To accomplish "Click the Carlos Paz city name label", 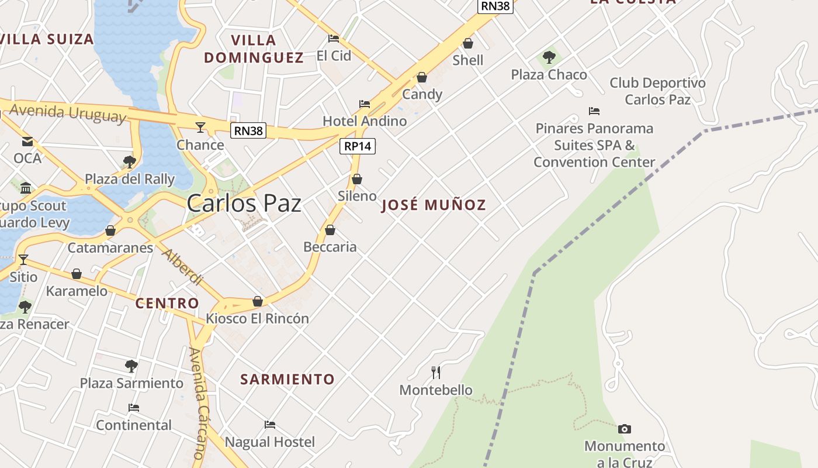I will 244,204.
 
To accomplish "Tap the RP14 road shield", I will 358,146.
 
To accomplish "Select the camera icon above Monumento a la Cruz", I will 625,429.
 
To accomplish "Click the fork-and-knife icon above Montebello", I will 436,372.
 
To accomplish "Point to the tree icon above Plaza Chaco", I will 549,57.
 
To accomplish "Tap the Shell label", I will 468,60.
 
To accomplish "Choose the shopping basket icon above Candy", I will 422,77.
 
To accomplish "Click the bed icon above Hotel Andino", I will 365,104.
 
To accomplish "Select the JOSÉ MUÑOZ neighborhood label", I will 434,205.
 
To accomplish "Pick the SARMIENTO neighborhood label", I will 287,379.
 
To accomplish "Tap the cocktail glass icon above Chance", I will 200,127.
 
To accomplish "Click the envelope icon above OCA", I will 27,142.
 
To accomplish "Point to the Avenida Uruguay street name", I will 68,112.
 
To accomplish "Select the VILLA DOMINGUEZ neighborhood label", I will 254,49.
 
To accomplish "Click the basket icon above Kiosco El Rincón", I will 258,301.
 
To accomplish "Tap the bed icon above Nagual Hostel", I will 270,425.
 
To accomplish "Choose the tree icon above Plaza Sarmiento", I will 131,366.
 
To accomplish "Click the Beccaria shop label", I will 330,247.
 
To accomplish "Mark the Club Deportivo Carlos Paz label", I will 657,91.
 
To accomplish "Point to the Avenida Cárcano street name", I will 200,404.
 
